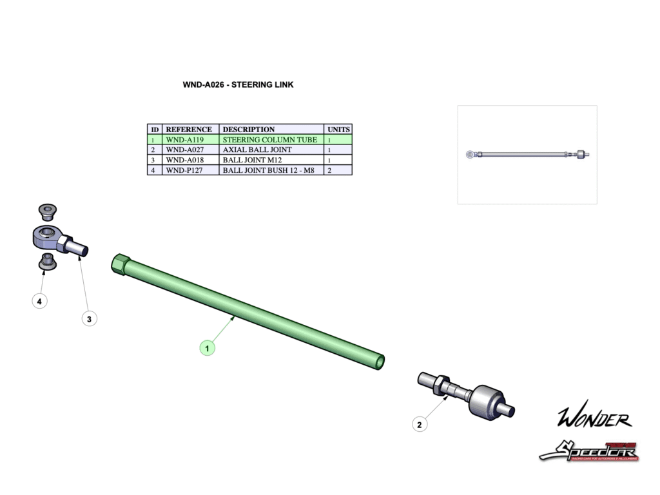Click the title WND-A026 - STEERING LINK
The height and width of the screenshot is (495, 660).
coord(238,84)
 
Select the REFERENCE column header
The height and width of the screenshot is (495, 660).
coord(189,129)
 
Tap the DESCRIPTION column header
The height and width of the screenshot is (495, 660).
coord(249,129)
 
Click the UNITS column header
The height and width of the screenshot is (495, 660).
coord(338,129)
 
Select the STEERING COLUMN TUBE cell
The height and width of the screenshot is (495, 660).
coord(269,139)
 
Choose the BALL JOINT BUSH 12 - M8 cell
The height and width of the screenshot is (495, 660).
coord(268,170)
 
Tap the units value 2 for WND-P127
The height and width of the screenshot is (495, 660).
coord(330,170)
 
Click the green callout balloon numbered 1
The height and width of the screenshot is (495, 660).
coord(207,348)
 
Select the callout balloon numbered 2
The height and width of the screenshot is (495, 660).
coord(420,424)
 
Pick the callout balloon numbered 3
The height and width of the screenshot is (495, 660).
coord(89,318)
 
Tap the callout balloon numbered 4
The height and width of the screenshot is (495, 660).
coord(40,301)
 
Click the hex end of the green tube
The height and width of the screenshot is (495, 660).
coord(120,264)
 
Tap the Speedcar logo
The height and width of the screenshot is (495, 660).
coord(588,451)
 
